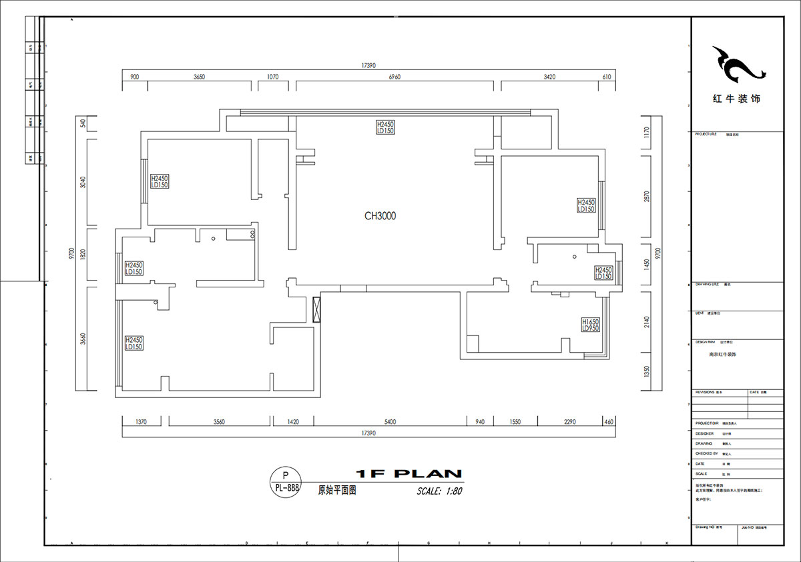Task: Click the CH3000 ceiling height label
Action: (380, 216)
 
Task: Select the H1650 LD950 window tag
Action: (590, 325)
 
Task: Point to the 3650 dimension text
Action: (199, 77)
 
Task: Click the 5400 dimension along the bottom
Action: (390, 422)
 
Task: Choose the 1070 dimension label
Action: (272, 77)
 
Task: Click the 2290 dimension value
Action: (569, 422)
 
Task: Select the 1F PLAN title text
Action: (409, 474)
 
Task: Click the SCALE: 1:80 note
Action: (439, 491)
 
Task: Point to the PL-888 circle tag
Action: (286, 482)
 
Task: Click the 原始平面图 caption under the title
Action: (337, 490)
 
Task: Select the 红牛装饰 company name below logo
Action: (736, 99)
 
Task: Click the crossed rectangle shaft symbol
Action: (317, 309)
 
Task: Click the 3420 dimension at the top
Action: (549, 77)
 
